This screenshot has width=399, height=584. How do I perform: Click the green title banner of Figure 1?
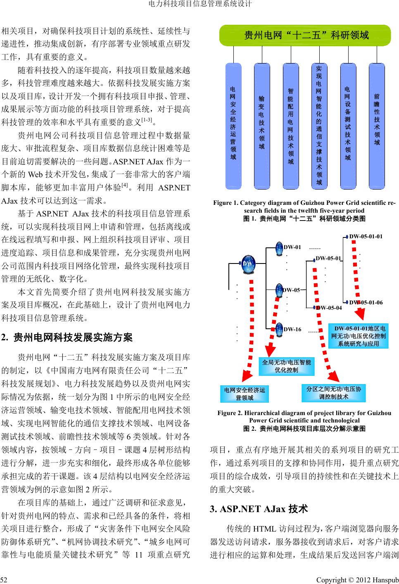(x=305, y=35)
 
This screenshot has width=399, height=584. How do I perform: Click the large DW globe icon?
(x=248, y=263)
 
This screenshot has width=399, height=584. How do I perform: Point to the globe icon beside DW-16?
(x=279, y=329)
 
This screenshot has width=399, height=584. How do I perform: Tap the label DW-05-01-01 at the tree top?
(x=366, y=236)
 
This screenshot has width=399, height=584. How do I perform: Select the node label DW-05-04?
(x=329, y=308)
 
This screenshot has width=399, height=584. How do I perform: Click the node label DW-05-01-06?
(x=366, y=302)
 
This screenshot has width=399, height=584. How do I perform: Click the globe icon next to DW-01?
(x=279, y=247)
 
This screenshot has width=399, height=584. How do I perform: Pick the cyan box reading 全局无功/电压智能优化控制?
(x=286, y=366)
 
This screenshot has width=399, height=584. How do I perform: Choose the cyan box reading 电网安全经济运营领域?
(x=244, y=394)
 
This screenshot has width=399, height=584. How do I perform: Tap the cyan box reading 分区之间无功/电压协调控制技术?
(x=334, y=392)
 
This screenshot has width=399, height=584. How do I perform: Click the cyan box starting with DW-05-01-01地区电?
(x=359, y=336)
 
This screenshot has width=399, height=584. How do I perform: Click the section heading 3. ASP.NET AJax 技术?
(x=259, y=508)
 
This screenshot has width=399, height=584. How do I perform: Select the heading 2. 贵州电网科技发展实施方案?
(x=67, y=337)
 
